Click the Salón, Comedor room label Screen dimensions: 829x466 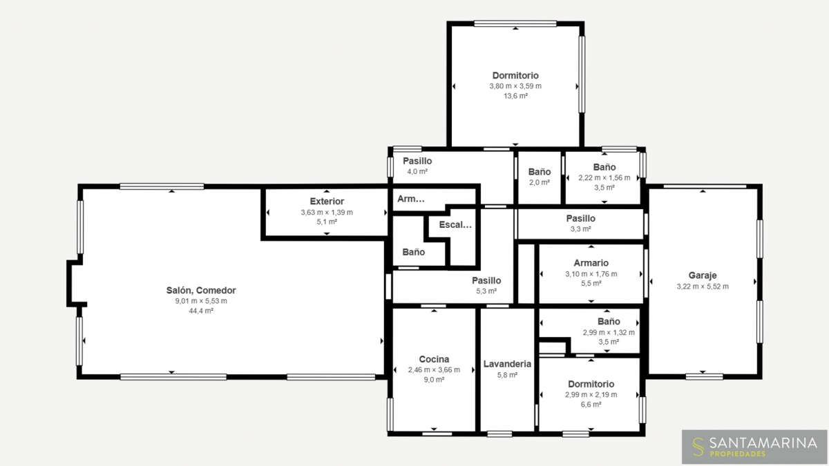[x=201, y=291]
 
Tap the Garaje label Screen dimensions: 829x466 [x=703, y=275]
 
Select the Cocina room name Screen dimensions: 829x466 [x=434, y=359]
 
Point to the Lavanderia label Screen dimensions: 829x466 [x=507, y=364]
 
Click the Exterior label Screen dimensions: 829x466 [x=327, y=202]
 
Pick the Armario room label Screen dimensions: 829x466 [x=591, y=263]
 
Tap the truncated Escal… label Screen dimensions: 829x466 [x=455, y=224]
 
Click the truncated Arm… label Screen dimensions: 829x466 [x=411, y=199]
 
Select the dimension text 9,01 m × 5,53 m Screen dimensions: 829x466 [x=201, y=301]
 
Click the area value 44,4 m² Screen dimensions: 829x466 [x=201, y=311]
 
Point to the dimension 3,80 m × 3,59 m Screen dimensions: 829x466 [x=515, y=86]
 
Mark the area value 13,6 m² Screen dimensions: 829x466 [x=515, y=96]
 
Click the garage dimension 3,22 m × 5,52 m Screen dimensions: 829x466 [x=703, y=287]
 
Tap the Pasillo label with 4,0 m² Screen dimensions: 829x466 [x=417, y=162]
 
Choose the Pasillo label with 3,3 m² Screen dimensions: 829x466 [x=581, y=219]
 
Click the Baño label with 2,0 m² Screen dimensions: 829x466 [x=540, y=172]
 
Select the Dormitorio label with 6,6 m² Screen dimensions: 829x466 [x=591, y=384]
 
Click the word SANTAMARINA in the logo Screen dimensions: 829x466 [x=763, y=443]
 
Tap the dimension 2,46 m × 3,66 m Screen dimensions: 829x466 [x=434, y=370]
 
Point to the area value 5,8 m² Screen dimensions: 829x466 [x=507, y=375]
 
